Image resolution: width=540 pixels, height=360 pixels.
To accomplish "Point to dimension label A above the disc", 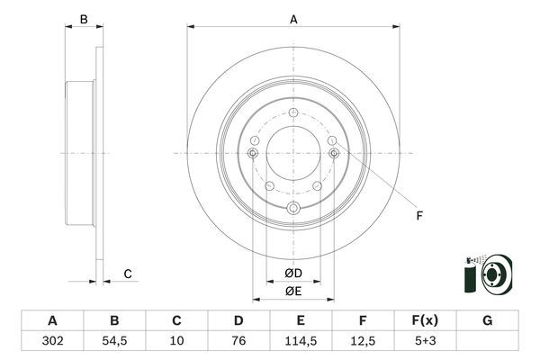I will tap(293, 18).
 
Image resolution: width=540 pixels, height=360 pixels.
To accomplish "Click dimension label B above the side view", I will tap(83, 19).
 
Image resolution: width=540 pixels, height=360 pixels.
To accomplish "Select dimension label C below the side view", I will tap(128, 274).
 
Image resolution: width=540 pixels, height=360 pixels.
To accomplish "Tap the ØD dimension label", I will tap(292, 273).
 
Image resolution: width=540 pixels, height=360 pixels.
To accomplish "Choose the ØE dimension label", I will tap(292, 291).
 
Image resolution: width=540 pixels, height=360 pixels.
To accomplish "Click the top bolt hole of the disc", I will tap(293, 111).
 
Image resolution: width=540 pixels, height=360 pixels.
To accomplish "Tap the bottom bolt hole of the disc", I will tap(293, 209).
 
